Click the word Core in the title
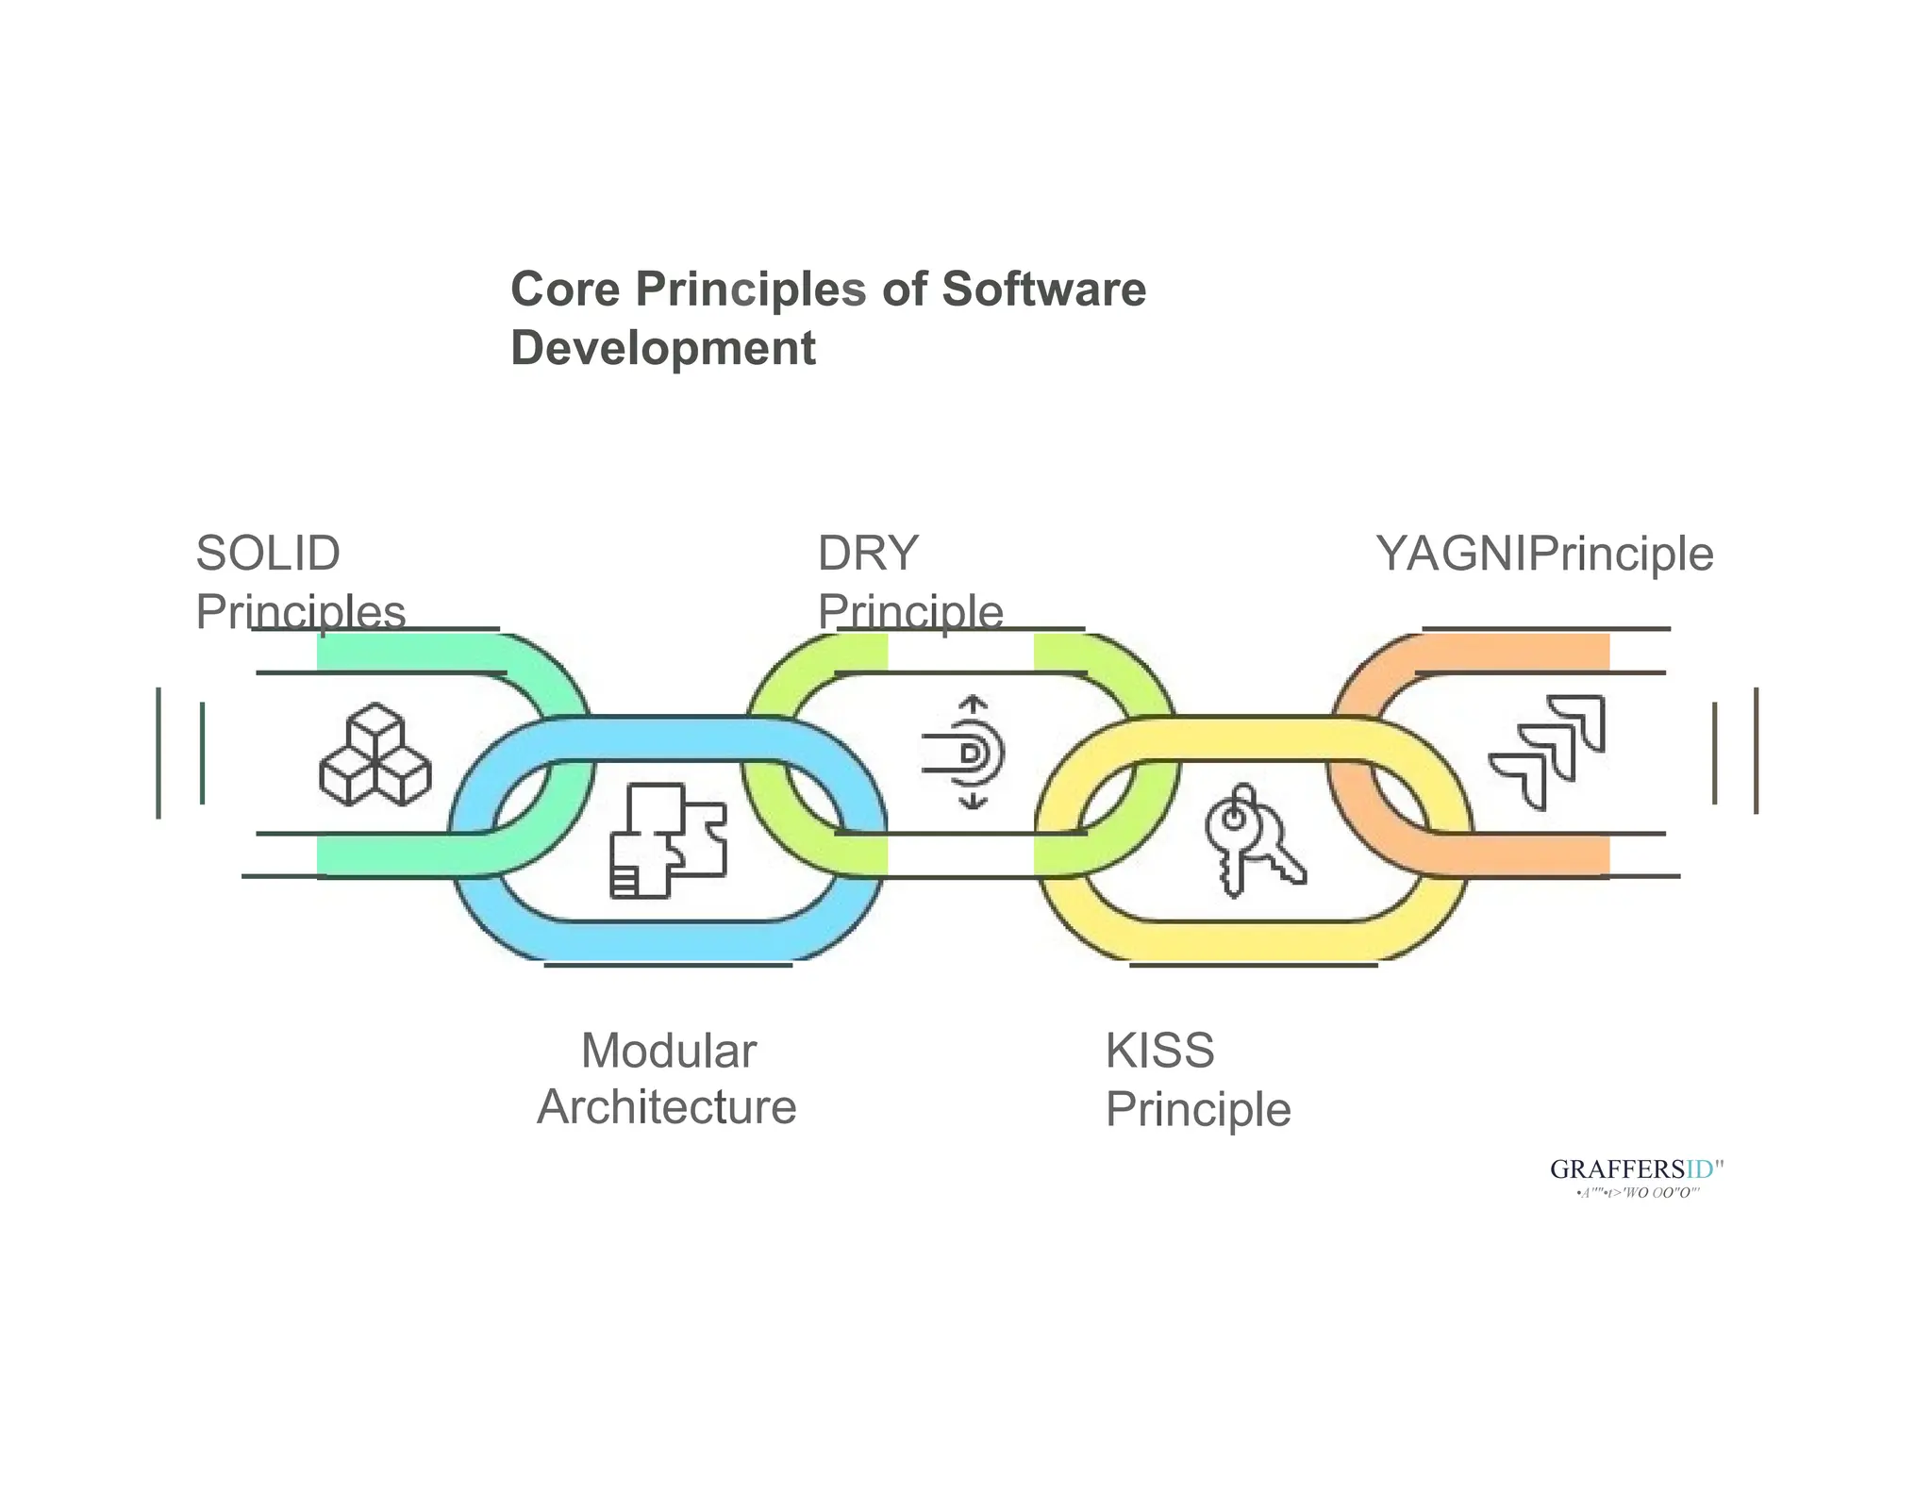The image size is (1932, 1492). coord(565,290)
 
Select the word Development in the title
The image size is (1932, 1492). coord(662,348)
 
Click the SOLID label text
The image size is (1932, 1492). coord(268,554)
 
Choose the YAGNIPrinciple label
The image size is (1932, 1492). coord(1544,554)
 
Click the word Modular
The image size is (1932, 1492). coord(668,1051)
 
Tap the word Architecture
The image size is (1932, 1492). coord(666,1107)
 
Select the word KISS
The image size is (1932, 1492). coord(1159,1051)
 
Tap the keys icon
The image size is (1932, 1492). coord(1253,839)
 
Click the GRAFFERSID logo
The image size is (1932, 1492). coord(1637,1170)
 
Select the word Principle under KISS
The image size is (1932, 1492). coord(1197,1109)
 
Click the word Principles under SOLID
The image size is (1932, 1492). coord(300,613)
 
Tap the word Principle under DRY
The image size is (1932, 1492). coord(909,613)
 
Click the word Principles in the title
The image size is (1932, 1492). coord(750,290)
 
